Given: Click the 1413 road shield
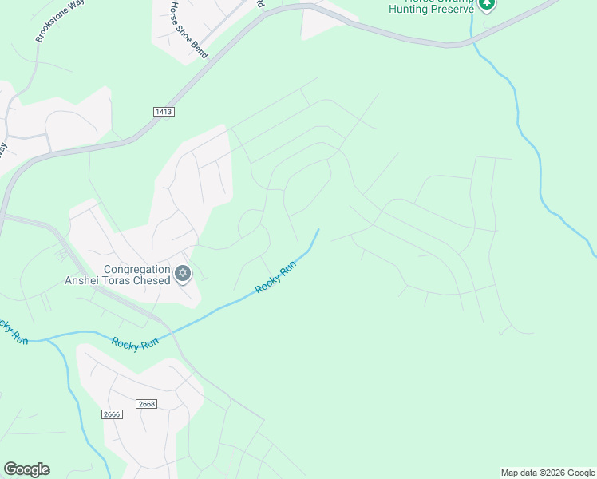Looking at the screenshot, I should [164, 112].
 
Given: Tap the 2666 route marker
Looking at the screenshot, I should [112, 414].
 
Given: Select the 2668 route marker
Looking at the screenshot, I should [146, 405].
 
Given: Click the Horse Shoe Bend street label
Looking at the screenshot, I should [188, 30].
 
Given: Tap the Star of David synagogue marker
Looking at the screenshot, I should [183, 275].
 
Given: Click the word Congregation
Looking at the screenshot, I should [138, 269].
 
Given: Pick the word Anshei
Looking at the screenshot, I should [82, 281].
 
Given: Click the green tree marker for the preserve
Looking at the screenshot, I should [486, 4].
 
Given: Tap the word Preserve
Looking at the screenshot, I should [452, 9].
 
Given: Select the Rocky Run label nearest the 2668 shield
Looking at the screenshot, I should [135, 342].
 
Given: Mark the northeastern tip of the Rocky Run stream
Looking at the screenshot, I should [318, 230].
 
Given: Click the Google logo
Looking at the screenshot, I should [26, 469].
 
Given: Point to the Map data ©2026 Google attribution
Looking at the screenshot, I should [548, 473].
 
